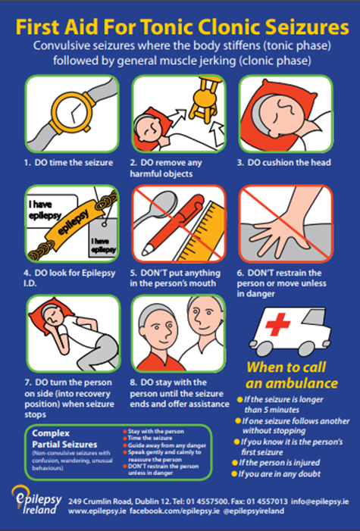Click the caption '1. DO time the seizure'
point(68,162)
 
